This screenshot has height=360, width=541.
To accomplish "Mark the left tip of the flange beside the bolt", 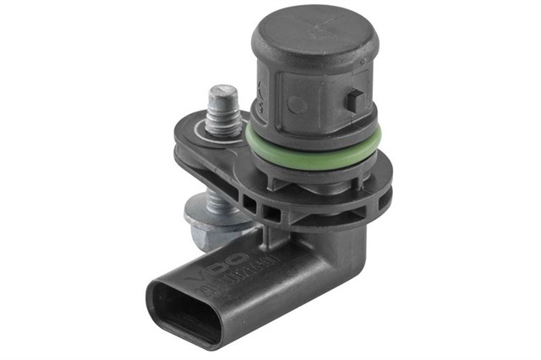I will pos(182,152).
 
